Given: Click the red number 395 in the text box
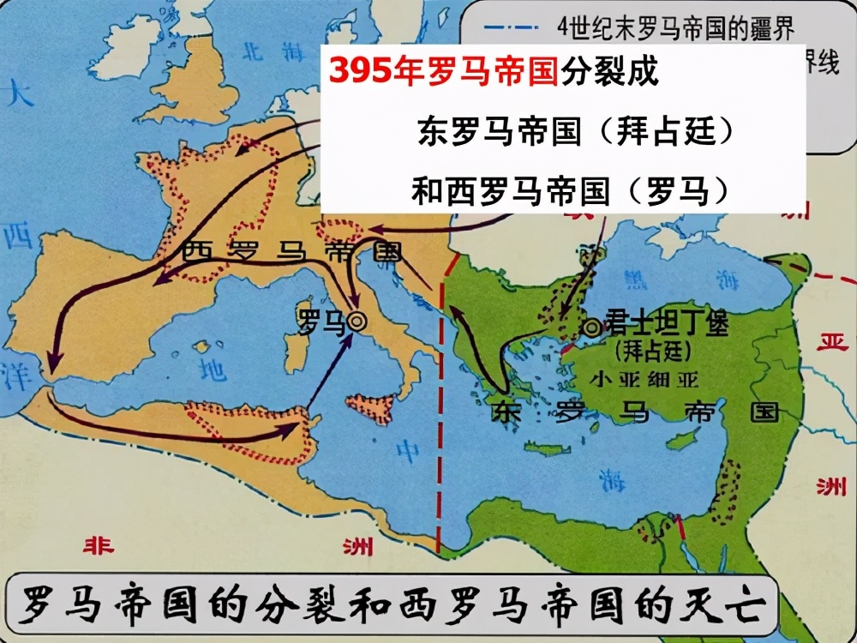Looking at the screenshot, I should pyautogui.click(x=359, y=71).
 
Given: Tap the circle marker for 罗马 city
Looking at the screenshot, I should pyautogui.click(x=357, y=321).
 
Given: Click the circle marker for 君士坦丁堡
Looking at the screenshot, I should pyautogui.click(x=590, y=327).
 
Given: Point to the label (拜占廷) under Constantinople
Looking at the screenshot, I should pyautogui.click(x=653, y=351).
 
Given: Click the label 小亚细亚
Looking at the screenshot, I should pyautogui.click(x=650, y=378).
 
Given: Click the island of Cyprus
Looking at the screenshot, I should pyautogui.click(x=681, y=440).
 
